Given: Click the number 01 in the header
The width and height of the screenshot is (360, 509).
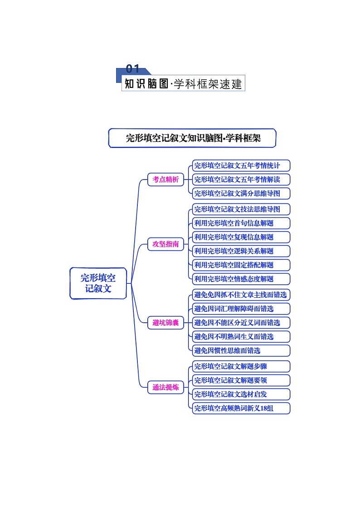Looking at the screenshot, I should (132, 69).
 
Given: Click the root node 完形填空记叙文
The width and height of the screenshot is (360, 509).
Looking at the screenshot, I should (98, 283).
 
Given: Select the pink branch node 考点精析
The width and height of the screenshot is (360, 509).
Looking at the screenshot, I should (165, 179).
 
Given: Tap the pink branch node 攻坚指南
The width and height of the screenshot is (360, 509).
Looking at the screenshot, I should (165, 244).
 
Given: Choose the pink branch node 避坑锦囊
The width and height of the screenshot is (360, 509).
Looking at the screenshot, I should (165, 323).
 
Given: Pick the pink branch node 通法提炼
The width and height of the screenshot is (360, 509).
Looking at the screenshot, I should (165, 388).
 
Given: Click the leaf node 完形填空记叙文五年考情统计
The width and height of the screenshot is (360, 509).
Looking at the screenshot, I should (241, 165).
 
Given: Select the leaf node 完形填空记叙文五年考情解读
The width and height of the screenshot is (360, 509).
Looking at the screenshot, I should (241, 179).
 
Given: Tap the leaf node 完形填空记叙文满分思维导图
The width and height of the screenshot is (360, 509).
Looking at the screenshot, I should (241, 194).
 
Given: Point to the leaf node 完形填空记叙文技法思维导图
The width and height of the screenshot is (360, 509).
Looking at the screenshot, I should (241, 209).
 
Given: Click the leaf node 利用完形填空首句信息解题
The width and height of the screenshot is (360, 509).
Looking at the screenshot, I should (241, 223).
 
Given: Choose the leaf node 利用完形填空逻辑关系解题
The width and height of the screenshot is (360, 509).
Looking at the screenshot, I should (241, 251).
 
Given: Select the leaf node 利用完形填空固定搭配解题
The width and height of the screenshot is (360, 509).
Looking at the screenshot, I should (241, 265).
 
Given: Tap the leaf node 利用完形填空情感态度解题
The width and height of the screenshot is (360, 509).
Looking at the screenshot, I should (241, 279).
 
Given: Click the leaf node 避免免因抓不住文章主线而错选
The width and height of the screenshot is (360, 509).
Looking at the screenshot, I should (241, 295).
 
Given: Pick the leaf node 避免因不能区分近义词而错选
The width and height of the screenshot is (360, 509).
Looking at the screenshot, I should (241, 323).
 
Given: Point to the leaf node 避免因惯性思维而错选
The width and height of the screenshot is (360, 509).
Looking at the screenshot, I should (241, 350).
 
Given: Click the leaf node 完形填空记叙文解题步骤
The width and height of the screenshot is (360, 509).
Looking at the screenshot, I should (241, 366).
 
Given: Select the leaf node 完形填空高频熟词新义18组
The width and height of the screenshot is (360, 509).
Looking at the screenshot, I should (241, 408).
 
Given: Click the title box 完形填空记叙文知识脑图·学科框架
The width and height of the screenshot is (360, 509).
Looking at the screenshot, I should (192, 138).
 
